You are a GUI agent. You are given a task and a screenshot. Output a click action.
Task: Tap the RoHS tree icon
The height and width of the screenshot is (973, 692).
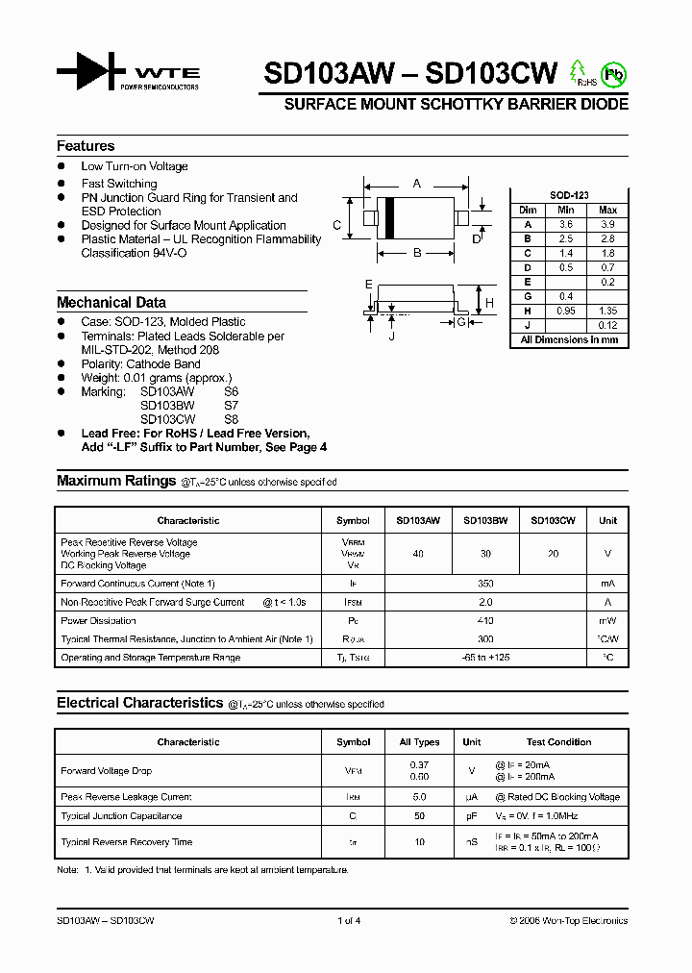[x=578, y=72]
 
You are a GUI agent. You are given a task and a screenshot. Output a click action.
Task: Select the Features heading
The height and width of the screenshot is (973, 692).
[x=86, y=146]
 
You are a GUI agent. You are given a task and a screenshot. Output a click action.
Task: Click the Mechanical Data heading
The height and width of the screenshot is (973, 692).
[x=111, y=302]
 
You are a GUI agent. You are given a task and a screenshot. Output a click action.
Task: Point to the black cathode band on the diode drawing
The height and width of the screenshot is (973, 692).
[x=390, y=218]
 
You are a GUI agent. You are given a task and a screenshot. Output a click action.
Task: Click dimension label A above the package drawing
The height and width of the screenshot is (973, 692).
[x=416, y=183]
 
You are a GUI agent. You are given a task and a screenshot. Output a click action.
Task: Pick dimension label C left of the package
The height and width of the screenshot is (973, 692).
[x=337, y=226]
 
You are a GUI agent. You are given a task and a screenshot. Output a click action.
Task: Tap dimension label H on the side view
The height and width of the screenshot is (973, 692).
[x=489, y=303]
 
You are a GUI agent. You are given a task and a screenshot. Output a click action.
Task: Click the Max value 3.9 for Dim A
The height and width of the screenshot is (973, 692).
[x=607, y=223]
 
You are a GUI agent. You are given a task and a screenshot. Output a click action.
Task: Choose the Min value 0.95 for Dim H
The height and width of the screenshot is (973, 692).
[x=566, y=311]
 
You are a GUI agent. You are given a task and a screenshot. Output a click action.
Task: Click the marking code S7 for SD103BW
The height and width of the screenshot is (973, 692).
[x=231, y=406]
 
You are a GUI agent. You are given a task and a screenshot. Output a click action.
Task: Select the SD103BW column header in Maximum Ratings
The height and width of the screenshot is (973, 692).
[x=485, y=520]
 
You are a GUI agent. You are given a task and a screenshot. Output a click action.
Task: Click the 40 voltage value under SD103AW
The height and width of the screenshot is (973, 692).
[x=418, y=554]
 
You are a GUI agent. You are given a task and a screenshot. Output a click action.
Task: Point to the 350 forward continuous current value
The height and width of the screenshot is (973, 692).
[x=485, y=584]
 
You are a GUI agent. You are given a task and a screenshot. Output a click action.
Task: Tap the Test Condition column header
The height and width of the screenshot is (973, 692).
[x=558, y=742]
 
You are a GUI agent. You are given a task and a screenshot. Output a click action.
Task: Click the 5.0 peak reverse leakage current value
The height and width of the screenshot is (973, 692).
[x=419, y=797]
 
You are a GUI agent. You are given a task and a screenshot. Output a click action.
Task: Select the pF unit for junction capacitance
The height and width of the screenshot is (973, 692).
[x=472, y=816]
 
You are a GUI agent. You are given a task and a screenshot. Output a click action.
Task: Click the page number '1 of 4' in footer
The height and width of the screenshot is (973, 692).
[x=349, y=921]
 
